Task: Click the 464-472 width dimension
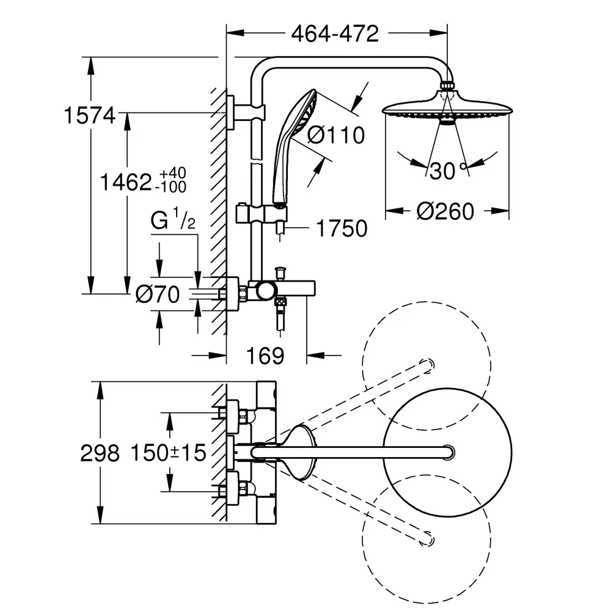(x=335, y=34)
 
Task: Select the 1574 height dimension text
(x=90, y=115)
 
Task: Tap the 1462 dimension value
(x=126, y=182)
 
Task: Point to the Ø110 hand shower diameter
(x=336, y=135)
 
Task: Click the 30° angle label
(x=448, y=170)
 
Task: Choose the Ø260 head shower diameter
(x=445, y=211)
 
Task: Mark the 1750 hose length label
(x=342, y=229)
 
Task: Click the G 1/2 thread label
(x=173, y=219)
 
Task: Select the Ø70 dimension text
(x=158, y=295)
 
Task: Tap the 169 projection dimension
(x=265, y=356)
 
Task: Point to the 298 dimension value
(x=100, y=453)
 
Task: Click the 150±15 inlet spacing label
(x=168, y=453)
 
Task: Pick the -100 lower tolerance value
(x=170, y=188)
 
